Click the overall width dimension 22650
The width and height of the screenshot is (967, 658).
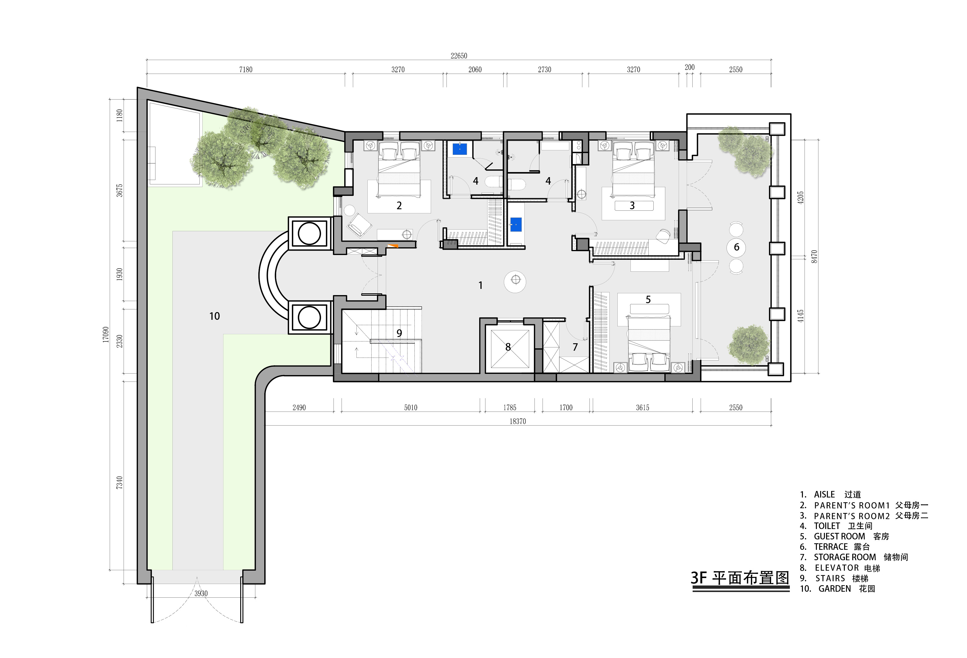tap(459, 56)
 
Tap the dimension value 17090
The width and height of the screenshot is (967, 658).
tap(106, 335)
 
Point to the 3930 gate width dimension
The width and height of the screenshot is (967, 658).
tap(201, 594)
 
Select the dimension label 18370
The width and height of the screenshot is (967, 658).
tap(518, 421)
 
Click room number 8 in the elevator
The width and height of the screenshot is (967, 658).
tap(508, 347)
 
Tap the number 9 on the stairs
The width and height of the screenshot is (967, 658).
tap(400, 333)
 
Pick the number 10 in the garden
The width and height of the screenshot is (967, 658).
tap(214, 316)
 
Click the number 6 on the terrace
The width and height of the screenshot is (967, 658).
tap(737, 247)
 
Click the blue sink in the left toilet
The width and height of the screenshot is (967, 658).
tap(460, 149)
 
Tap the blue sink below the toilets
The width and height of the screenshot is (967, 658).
tap(516, 224)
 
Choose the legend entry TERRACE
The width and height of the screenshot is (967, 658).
tap(831, 547)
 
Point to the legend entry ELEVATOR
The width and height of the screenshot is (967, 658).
tap(837, 568)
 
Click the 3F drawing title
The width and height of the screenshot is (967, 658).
tap(740, 578)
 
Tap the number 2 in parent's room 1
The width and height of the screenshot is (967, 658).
tap(400, 205)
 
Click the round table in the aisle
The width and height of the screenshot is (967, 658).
tap(515, 281)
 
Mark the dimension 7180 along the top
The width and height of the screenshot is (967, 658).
tap(246, 70)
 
